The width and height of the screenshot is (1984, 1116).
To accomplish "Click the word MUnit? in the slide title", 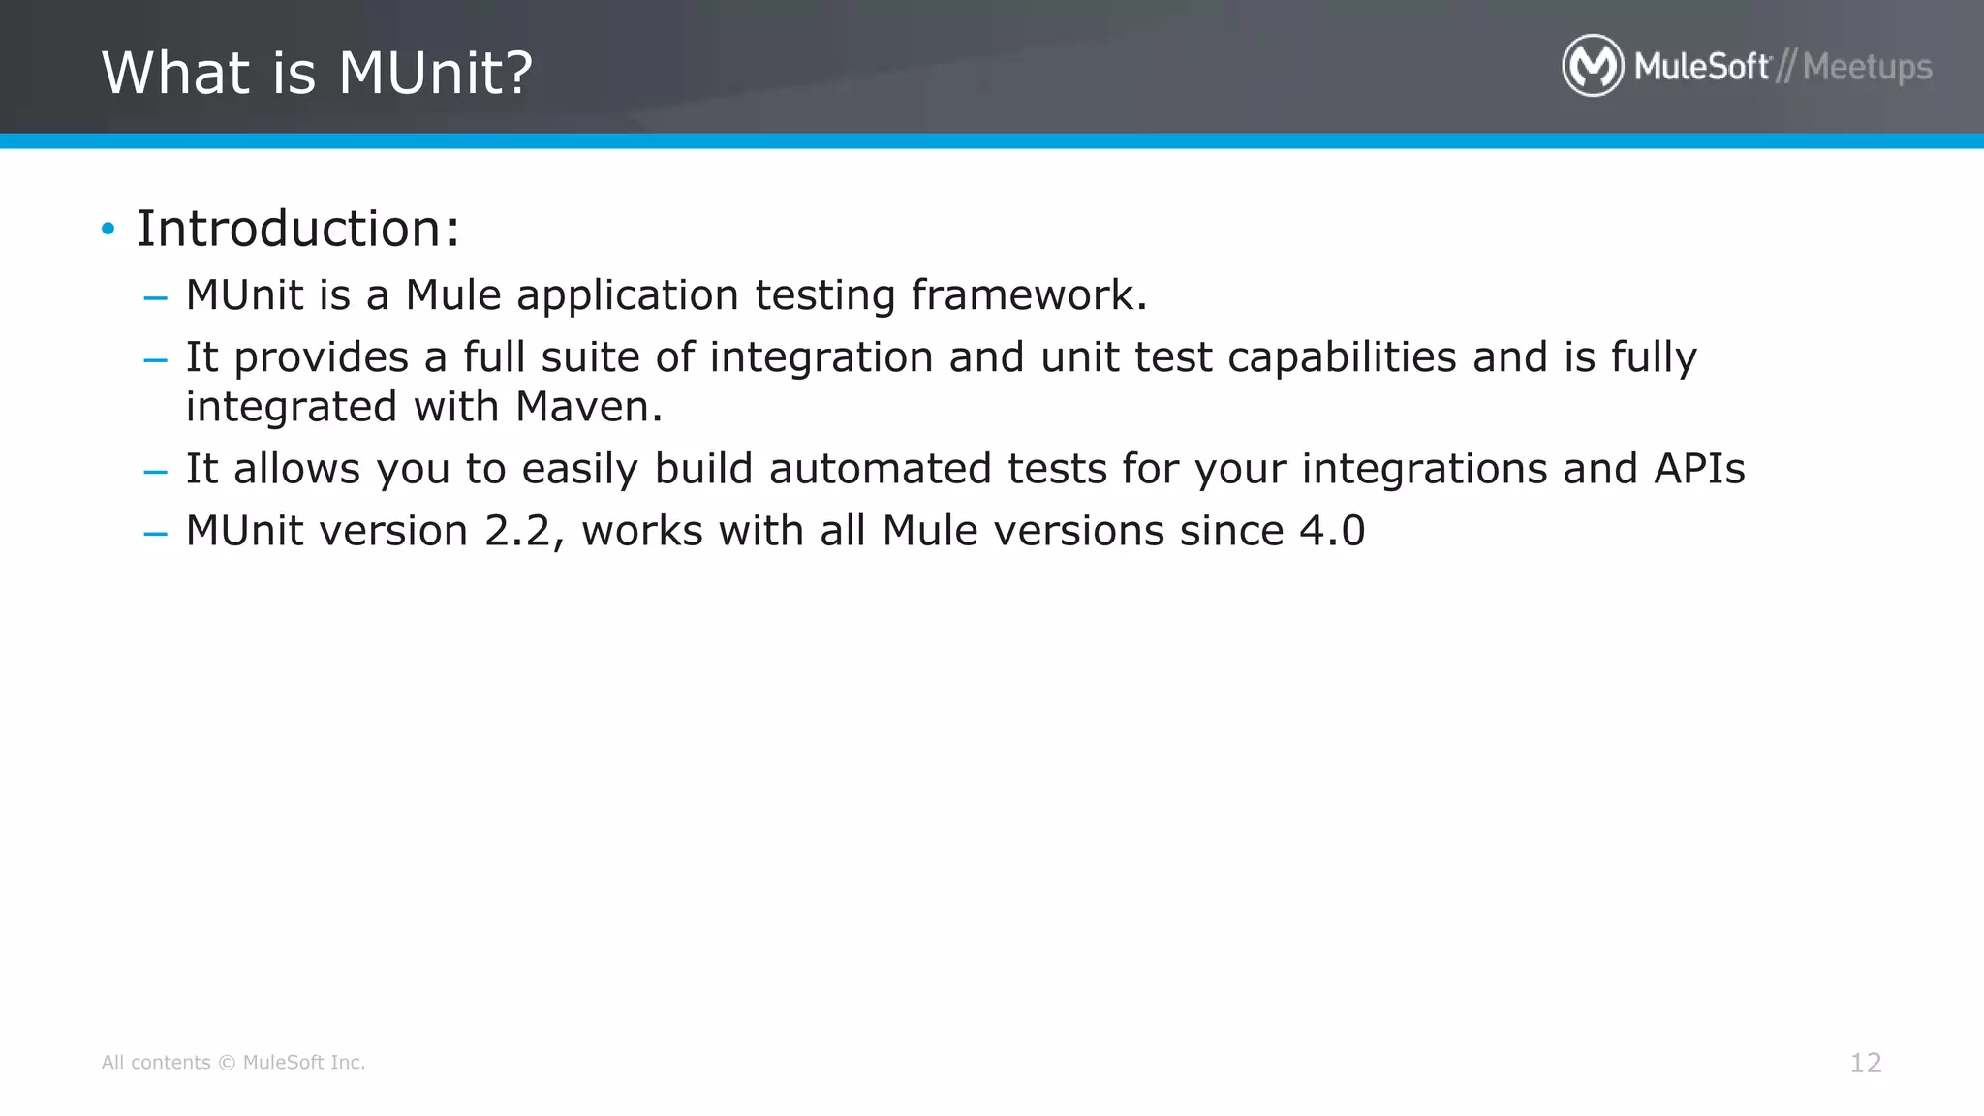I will click(435, 73).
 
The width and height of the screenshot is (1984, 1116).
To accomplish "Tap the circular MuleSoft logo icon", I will click(1592, 66).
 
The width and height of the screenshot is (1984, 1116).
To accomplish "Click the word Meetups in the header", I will click(1867, 67).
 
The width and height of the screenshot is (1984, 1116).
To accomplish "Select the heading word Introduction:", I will click(298, 229).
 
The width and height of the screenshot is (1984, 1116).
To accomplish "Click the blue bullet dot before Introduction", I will click(108, 230).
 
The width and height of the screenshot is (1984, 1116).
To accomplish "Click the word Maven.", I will click(589, 407).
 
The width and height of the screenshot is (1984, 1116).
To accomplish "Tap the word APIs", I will click(1699, 469).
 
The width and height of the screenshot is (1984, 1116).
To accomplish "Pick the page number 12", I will click(1865, 1063).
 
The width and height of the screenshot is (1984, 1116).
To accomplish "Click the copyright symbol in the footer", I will click(227, 1063).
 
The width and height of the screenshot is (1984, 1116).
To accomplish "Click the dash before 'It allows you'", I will click(155, 472).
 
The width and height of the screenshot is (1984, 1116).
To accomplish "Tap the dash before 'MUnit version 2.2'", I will click(155, 534).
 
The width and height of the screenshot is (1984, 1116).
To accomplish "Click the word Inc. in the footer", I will click(347, 1063).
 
